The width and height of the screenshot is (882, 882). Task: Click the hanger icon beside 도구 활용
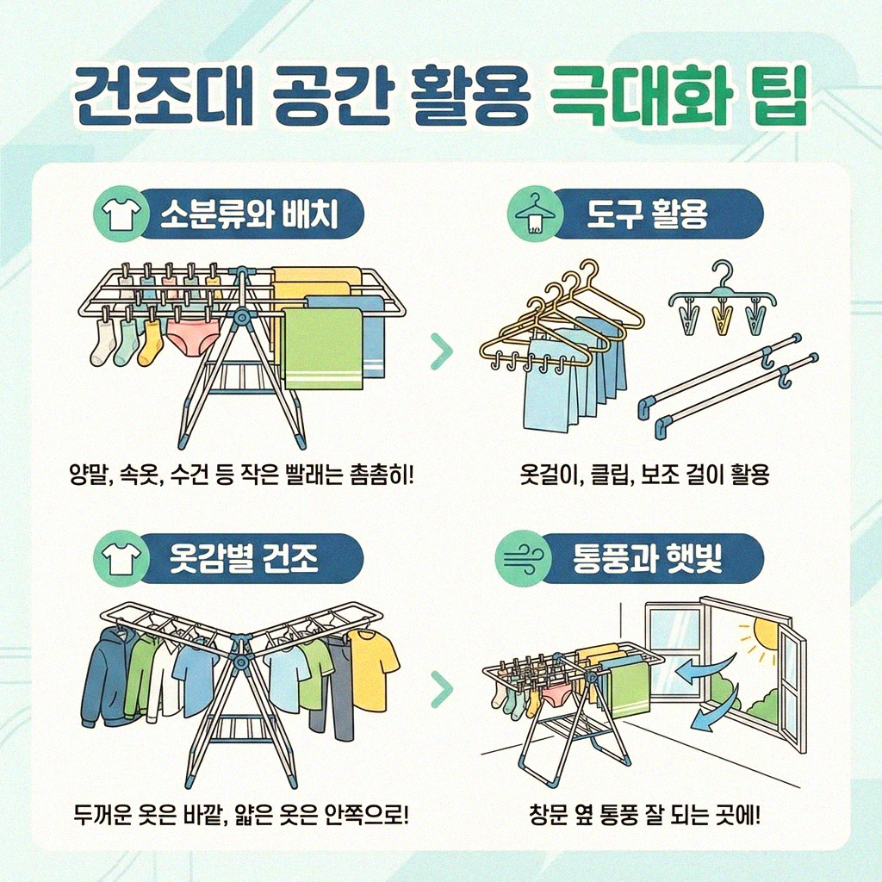coord(532,214)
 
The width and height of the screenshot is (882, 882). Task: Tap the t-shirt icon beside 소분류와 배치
coord(117,214)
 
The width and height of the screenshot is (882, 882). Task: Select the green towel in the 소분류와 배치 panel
coord(323,348)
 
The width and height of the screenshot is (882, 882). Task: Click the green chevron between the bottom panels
coord(441,686)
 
